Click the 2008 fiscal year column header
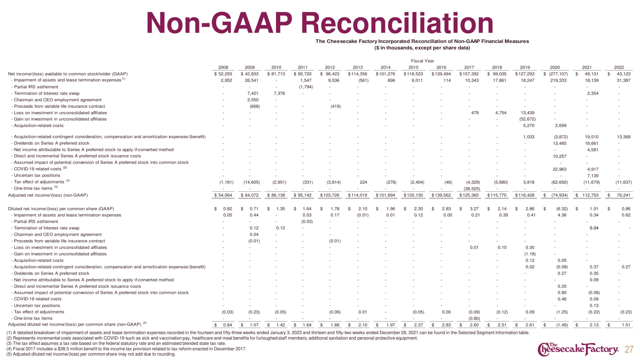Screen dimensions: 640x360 tap(223, 67)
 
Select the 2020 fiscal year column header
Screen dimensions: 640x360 tap(555, 67)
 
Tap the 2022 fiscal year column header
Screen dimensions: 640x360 tap(619, 67)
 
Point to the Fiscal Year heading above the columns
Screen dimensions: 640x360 tap(422, 61)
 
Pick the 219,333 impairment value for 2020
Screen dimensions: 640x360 tap(558, 80)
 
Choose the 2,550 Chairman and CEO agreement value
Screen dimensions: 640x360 tap(253, 100)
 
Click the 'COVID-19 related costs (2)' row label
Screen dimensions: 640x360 tap(40, 169)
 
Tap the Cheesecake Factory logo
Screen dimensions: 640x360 tap(578, 349)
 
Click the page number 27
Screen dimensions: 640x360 tap(629, 349)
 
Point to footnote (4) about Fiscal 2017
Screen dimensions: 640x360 tap(126, 349)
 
